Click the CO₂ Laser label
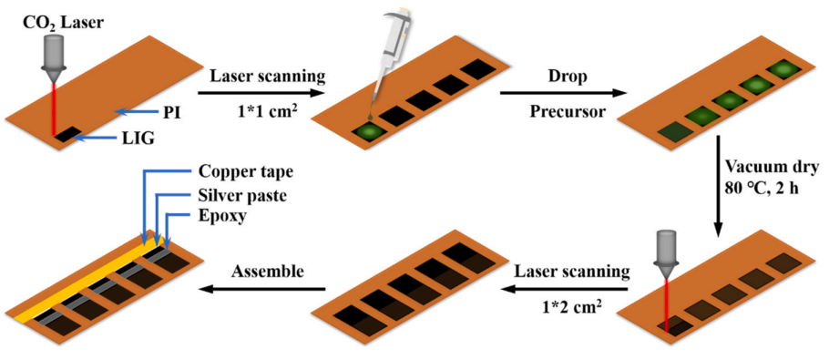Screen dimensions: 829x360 coord(54,24)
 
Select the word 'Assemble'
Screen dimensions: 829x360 coord(267,272)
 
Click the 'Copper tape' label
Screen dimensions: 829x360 coord(238,171)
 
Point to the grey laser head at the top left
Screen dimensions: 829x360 coord(54,56)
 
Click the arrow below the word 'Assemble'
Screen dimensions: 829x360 coord(262,289)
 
